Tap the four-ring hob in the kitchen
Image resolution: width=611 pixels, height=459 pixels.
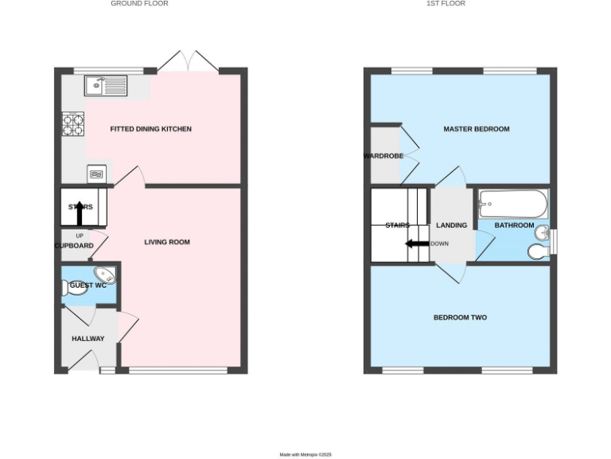[x=73, y=125]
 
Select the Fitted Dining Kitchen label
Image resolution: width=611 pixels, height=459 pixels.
[x=150, y=129]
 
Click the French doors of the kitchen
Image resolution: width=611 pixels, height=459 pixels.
[x=188, y=62]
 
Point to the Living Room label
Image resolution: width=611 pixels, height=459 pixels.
[x=167, y=242]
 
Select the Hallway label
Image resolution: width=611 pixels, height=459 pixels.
[x=88, y=339]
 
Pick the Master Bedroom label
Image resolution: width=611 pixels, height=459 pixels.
[x=476, y=129]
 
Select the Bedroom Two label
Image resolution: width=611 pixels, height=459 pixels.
[x=460, y=318]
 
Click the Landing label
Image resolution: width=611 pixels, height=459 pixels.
[x=451, y=226]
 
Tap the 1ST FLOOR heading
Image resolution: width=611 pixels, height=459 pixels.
[x=446, y=4]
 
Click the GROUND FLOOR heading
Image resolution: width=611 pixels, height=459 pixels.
[x=139, y=4]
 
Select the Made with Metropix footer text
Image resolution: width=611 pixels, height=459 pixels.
[x=305, y=454]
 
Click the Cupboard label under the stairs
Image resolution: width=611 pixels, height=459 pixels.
[x=74, y=245]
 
